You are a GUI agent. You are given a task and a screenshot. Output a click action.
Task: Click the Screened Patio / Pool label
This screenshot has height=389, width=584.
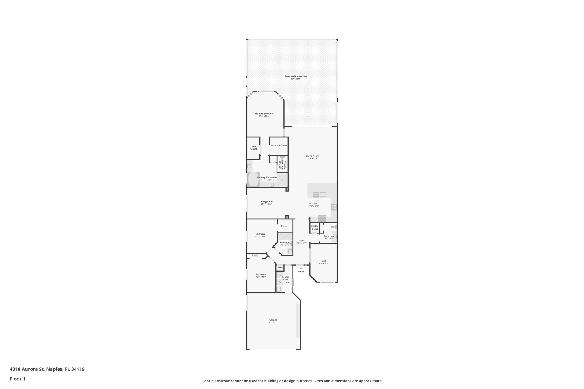pyautogui.click(x=296, y=76)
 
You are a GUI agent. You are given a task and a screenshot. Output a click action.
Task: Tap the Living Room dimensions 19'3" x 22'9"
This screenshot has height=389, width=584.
pyautogui.click(x=312, y=158)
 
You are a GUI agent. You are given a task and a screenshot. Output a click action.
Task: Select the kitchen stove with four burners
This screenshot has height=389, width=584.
pyautogui.click(x=334, y=207)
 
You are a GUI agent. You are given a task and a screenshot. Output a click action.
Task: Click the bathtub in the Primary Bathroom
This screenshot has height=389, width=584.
pyautogui.click(x=253, y=179)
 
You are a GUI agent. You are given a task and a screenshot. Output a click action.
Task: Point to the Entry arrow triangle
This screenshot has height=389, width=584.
pyautogui.click(x=301, y=268)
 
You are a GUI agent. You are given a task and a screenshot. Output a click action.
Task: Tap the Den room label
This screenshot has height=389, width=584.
pyautogui.click(x=324, y=261)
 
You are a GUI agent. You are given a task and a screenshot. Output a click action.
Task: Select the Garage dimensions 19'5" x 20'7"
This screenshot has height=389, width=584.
pyautogui.click(x=273, y=322)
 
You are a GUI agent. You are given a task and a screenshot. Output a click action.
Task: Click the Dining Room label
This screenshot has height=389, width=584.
pyautogui.click(x=266, y=201)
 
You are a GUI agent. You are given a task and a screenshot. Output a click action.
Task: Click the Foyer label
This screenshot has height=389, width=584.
pyautogui.click(x=301, y=240)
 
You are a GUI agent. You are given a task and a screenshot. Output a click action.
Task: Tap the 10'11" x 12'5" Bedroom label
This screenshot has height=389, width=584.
pyautogui.click(x=260, y=234)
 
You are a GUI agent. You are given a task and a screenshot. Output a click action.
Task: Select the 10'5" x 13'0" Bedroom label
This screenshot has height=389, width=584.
pyautogui.click(x=261, y=274)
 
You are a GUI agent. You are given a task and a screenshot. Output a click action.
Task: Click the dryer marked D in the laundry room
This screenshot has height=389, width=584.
pyautogui.click(x=279, y=275)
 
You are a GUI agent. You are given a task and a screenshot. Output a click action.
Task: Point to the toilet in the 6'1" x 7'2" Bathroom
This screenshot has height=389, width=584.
pyautogui.click(x=334, y=227)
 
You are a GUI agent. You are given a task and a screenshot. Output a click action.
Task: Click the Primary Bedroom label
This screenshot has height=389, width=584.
pyautogui.click(x=264, y=113)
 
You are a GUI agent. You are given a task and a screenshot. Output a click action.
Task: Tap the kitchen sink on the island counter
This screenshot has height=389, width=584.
pyautogui.click(x=323, y=194)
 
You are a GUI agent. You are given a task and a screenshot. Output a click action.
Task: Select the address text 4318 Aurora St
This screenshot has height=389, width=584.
pyautogui.click(x=27, y=369)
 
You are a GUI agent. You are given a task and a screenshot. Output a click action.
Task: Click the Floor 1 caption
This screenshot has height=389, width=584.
pyautogui.click(x=17, y=379)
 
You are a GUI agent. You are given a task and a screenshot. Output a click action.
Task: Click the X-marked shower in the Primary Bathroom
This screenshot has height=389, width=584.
pyautogui.click(x=282, y=180)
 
